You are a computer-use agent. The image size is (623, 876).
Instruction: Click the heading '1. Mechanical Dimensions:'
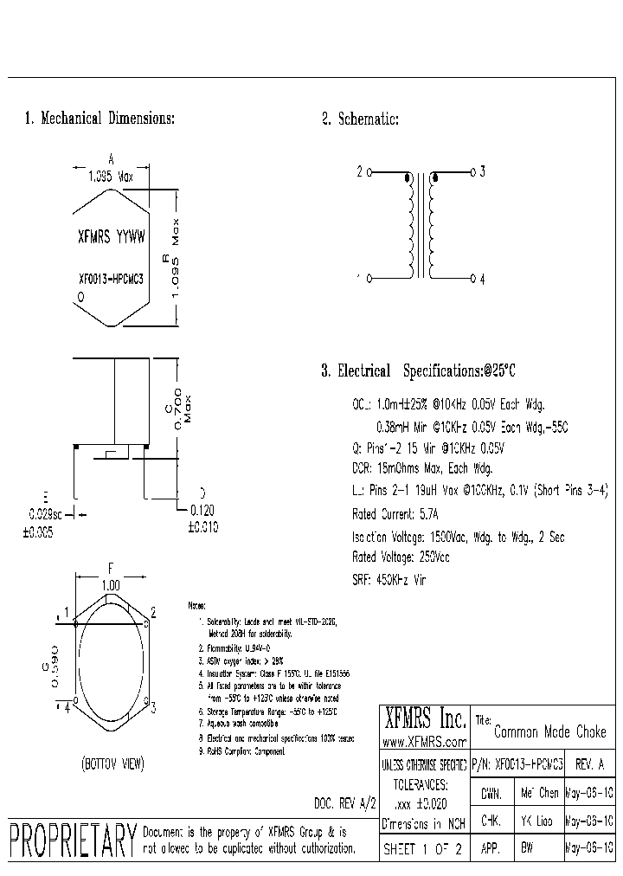(100, 119)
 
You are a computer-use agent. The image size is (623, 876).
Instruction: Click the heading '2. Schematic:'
(361, 119)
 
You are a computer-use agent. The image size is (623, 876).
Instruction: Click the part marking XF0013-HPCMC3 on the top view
(110, 280)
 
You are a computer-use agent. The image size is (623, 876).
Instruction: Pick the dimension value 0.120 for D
(203, 511)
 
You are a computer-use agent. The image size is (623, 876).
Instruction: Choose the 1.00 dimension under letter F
(111, 585)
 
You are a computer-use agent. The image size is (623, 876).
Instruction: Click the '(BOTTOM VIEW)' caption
(112, 763)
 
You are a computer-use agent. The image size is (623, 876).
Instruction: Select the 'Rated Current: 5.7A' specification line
(395, 513)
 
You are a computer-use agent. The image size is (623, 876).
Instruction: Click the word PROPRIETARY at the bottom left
(73, 838)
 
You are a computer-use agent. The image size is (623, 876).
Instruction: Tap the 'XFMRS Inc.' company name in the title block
(424, 718)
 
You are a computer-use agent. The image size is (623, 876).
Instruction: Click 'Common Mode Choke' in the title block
(549, 732)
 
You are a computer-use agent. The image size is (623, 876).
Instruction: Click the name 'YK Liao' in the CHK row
(538, 821)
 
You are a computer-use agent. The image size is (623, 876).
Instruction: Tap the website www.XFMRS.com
(424, 742)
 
